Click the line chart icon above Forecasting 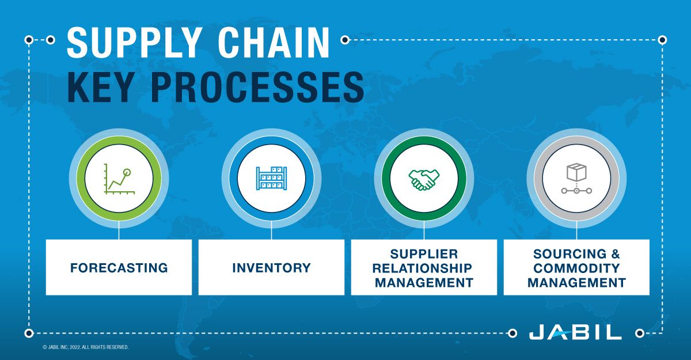click(x=119, y=179)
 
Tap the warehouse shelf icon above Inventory click(x=271, y=179)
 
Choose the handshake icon click(x=424, y=179)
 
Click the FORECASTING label click(x=119, y=268)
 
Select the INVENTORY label click(x=271, y=268)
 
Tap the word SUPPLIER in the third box click(x=424, y=254)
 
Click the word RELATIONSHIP click(x=424, y=268)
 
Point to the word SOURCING click(x=562, y=254)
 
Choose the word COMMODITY click(x=576, y=268)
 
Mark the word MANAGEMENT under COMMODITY click(x=576, y=283)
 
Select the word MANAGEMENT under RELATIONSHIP click(x=424, y=283)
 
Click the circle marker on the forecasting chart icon click(x=127, y=172)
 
